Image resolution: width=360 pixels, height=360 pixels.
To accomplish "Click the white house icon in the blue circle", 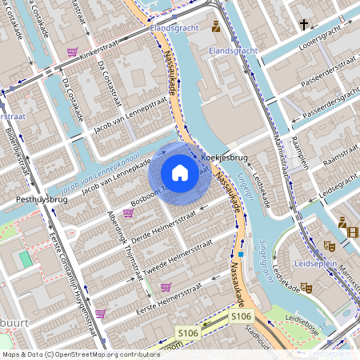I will tap(180, 173).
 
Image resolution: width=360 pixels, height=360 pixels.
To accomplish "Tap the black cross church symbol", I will tap(304, 25).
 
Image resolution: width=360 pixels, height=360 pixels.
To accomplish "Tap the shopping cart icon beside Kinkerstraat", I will tap(73, 52).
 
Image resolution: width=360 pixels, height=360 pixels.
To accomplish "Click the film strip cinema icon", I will tap(353, 232).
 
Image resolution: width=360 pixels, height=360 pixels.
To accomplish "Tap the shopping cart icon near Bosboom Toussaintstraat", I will tap(128, 213).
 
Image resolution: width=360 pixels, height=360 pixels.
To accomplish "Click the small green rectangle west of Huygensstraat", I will tap(26, 259).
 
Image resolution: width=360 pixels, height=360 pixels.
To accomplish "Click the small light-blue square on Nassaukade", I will tap(241, 254).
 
